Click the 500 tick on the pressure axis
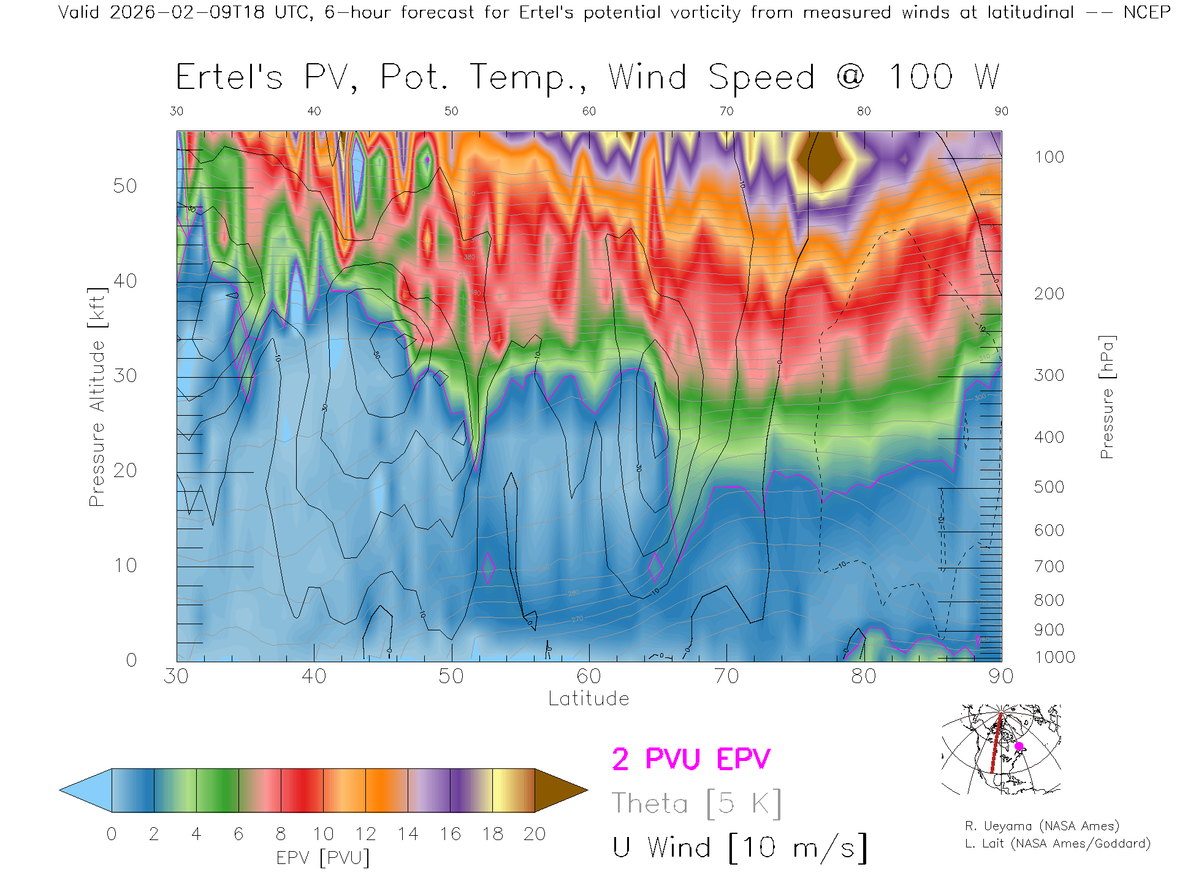tap(1049, 487)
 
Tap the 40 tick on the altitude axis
tap(125, 281)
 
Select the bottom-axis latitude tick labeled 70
tap(726, 676)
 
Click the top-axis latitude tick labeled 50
tap(451, 111)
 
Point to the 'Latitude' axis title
tap(588, 698)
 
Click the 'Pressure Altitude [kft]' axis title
tap(97, 397)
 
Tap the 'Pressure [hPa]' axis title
tap(1107, 397)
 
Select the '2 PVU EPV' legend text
tap(691, 759)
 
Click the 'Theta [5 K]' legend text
tap(696, 803)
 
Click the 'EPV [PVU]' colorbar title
tap(323, 857)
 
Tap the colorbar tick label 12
tap(365, 834)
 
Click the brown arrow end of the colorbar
tap(559, 790)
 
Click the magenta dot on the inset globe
tap(1019, 746)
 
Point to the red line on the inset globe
tap(996, 745)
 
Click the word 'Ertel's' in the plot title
tap(229, 77)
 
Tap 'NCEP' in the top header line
tap(1146, 12)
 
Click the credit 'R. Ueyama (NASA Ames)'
tap(1042, 826)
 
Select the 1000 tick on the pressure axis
tap(1054, 657)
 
